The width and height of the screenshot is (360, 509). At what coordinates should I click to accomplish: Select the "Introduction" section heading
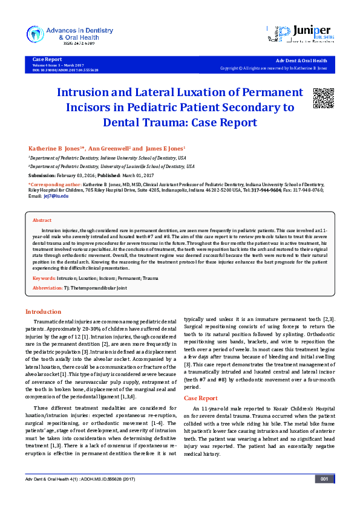click(42, 311)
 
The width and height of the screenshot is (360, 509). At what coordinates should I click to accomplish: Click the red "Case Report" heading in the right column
click(200, 398)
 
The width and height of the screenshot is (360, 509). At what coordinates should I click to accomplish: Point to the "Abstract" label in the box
click(42, 221)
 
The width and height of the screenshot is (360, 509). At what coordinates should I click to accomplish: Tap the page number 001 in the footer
click(324, 496)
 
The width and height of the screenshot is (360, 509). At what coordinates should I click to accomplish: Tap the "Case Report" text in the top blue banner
click(47, 59)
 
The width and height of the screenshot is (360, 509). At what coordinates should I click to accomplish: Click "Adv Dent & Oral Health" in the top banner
click(301, 61)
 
